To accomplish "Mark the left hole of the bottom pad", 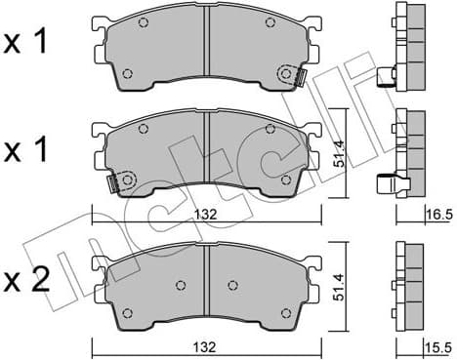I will click(x=181, y=285).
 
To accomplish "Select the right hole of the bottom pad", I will click(x=231, y=285).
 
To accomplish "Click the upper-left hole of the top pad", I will click(x=143, y=24).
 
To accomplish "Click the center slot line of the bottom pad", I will click(x=206, y=283).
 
